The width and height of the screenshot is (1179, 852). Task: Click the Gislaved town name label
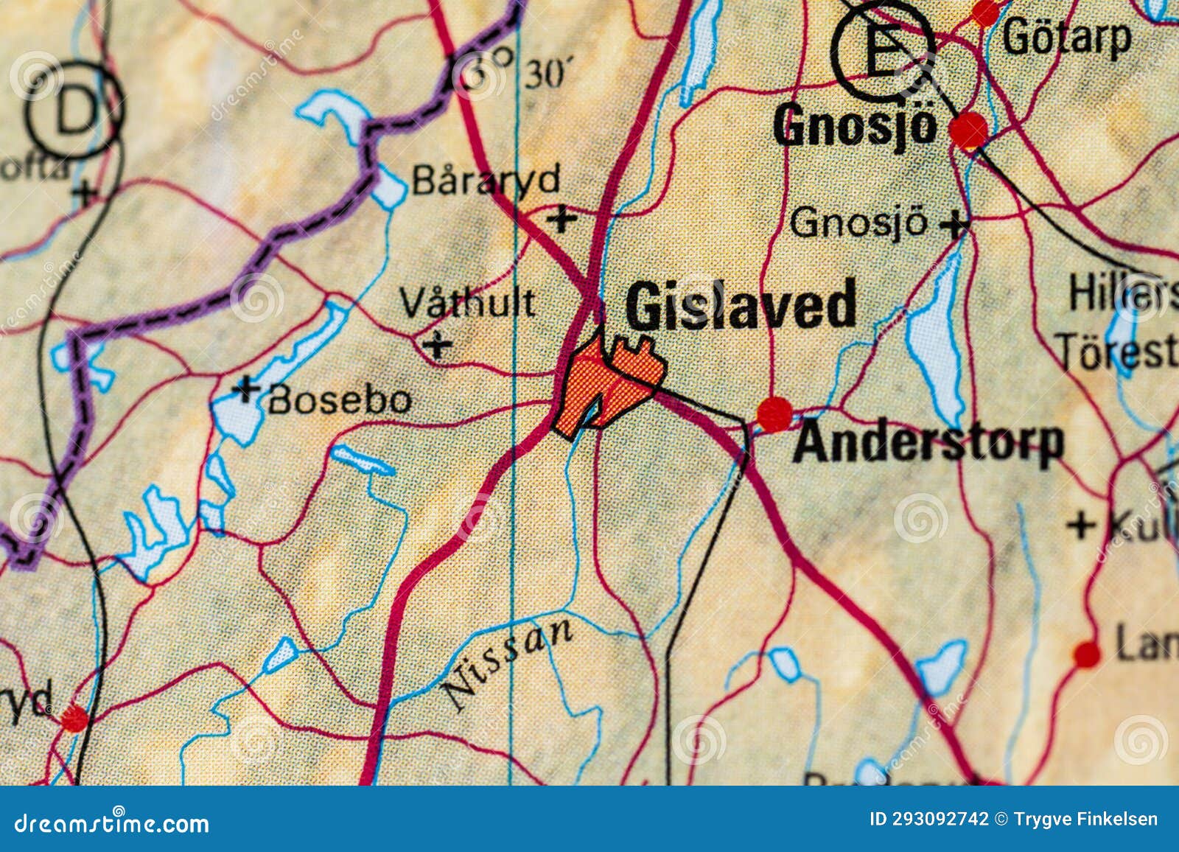tap(741, 306)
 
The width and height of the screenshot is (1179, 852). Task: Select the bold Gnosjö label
tap(855, 125)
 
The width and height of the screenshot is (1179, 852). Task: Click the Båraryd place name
tap(486, 180)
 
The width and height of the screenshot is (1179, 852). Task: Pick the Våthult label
tap(467, 302)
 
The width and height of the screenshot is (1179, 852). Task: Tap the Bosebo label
tap(340, 400)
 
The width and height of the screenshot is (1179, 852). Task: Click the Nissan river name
tap(507, 663)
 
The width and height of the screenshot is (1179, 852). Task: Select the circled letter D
tap(74, 111)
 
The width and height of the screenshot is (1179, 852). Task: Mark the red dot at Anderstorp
tap(774, 414)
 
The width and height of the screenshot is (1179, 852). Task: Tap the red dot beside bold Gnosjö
tap(968, 131)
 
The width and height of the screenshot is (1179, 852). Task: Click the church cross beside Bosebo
tap(246, 388)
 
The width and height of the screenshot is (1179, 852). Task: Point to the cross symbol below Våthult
tap(438, 343)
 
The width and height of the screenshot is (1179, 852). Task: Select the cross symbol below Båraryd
tap(562, 218)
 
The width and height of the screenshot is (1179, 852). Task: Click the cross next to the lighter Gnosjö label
tap(955, 224)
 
